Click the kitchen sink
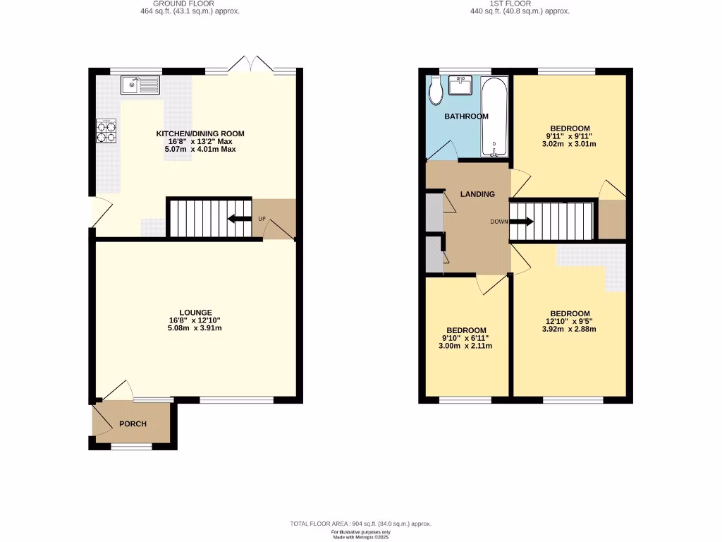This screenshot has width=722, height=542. [x=142, y=86]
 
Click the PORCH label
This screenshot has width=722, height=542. [x=133, y=424]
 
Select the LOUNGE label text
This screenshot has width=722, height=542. [x=195, y=313]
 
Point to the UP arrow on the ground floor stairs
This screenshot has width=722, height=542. [x=240, y=219]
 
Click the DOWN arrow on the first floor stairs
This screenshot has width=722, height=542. [x=521, y=222]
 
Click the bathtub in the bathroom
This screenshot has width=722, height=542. [x=493, y=117]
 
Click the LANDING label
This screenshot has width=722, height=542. [x=477, y=194]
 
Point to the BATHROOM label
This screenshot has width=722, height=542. [x=466, y=116]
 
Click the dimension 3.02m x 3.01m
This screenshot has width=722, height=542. [x=570, y=144]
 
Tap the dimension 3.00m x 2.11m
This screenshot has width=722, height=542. [x=466, y=346]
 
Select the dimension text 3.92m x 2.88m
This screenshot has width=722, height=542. [x=570, y=329]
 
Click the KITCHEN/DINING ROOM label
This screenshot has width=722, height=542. [x=200, y=133]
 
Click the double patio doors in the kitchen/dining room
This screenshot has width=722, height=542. [x=250, y=64]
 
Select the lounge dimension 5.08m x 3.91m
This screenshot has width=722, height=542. [x=195, y=328]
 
